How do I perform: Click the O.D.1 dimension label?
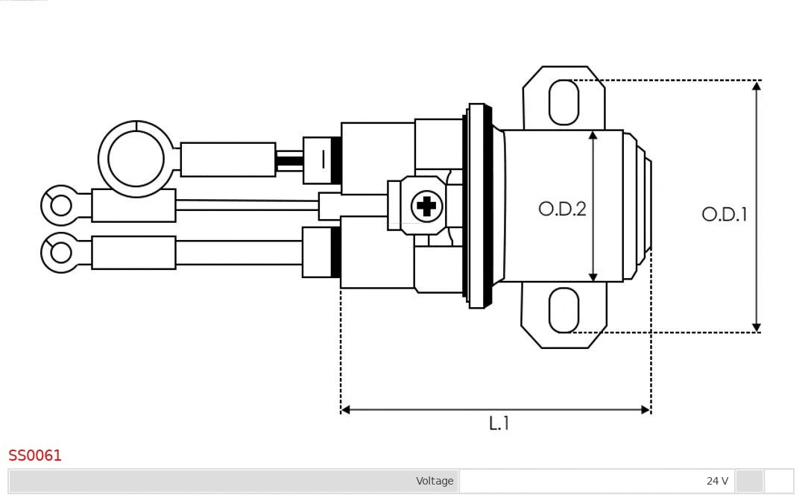[x=724, y=215]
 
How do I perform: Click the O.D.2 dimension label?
[x=562, y=209]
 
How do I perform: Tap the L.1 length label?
[x=499, y=423]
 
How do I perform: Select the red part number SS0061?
[x=35, y=456]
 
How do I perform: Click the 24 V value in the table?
[x=717, y=481]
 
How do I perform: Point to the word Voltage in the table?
[x=435, y=481]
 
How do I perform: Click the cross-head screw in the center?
[x=426, y=205]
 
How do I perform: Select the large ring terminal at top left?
[x=136, y=159]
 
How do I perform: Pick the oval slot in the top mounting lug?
[x=563, y=102]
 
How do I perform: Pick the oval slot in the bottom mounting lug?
[x=563, y=310]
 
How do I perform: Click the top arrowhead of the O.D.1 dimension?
[x=756, y=86]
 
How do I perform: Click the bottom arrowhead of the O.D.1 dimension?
[x=756, y=327]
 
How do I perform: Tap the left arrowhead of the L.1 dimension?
[x=346, y=409]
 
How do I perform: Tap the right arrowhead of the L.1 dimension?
[x=645, y=409]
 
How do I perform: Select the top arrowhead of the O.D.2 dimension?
[x=593, y=135]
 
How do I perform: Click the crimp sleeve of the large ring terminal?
[x=227, y=160]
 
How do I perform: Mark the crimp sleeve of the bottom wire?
[x=133, y=253]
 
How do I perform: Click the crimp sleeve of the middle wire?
[x=133, y=205]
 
